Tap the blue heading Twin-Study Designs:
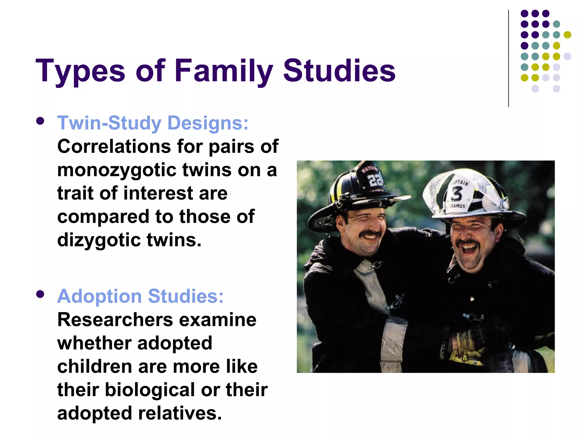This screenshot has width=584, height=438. (153, 123)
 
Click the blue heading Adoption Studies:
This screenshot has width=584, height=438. (140, 296)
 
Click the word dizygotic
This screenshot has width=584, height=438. (99, 240)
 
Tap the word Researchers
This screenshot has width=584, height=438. (115, 320)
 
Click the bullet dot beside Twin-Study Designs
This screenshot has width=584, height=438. (40, 121)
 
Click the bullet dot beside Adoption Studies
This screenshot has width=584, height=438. (40, 294)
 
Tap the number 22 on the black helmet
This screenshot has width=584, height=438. (375, 180)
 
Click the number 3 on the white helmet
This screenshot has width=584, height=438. (456, 193)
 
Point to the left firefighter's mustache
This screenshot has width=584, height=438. (370, 235)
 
